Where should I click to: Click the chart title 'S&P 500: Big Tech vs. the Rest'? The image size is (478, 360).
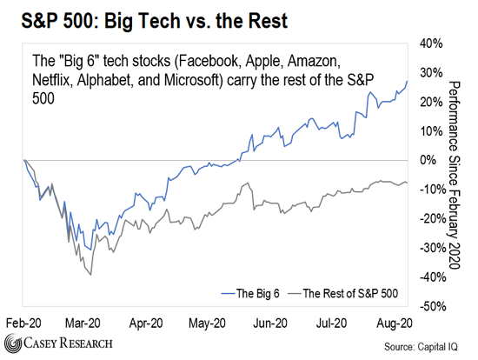point(154,21)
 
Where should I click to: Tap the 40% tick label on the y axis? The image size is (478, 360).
point(431,43)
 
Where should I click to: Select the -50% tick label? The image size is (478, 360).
point(433,306)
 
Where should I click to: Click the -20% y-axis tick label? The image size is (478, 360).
point(433,218)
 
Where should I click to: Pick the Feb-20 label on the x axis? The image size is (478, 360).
point(23,323)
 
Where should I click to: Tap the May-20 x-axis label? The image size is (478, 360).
point(208,323)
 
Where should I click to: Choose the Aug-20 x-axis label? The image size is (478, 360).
point(395,323)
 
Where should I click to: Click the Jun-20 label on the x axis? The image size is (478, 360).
point(270,323)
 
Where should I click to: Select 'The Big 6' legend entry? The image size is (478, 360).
point(250,293)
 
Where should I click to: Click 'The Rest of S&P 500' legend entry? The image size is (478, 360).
point(343,293)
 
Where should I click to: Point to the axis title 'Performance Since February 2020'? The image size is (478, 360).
point(454,175)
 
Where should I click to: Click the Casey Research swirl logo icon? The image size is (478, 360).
point(12,343)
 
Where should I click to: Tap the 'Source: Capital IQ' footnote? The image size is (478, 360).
point(421,347)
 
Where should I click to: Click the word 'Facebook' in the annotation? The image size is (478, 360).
point(208,61)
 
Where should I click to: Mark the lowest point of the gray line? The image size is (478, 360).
point(91,275)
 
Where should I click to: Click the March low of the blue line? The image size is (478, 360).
point(90,250)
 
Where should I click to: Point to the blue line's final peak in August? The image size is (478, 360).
point(407,81)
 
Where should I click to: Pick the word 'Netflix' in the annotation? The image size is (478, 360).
point(52,80)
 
